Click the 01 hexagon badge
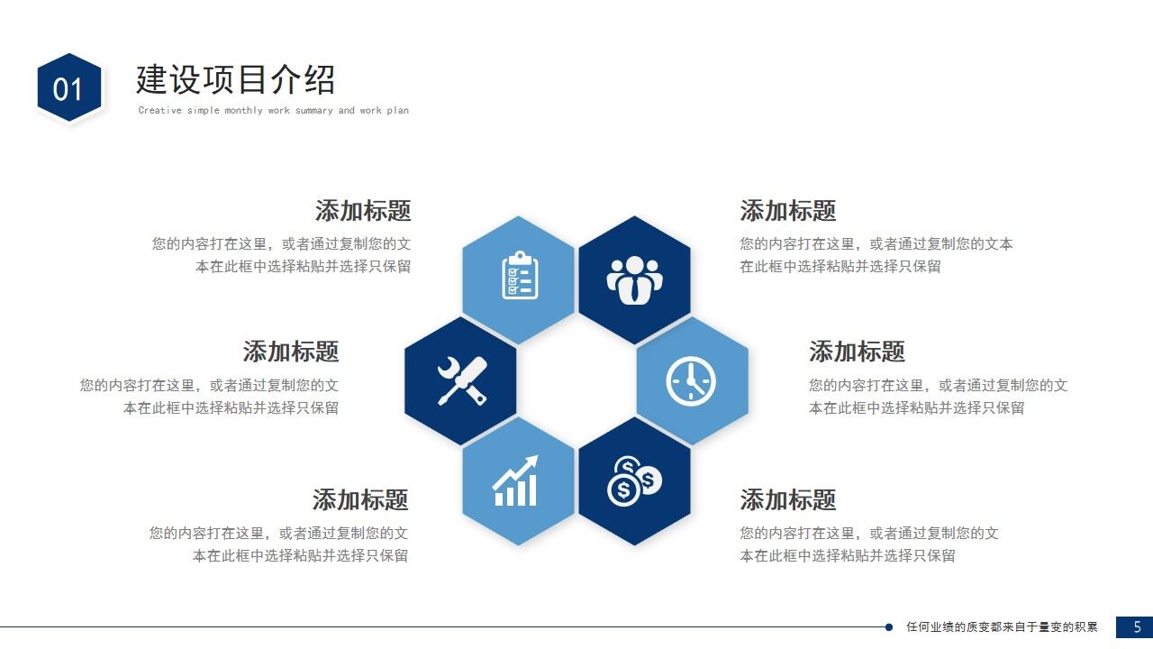[x=68, y=87]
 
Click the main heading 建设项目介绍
[x=235, y=79]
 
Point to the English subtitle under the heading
[x=273, y=111]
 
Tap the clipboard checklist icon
[x=519, y=276]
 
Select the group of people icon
[x=634, y=279]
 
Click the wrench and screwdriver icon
[x=461, y=380]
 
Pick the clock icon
[x=691, y=380]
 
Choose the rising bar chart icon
[x=516, y=481]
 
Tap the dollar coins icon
[x=634, y=481]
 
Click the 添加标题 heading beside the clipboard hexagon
[x=363, y=211]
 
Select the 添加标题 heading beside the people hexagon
[x=788, y=211]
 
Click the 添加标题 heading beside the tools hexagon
[x=291, y=352]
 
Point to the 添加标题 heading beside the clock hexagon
[x=857, y=352]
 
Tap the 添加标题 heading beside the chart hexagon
[x=360, y=499]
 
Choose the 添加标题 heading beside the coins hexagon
[x=788, y=499]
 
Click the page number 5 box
[x=1134, y=626]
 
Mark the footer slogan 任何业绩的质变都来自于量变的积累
[x=1002, y=626]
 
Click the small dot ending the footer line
[x=889, y=626]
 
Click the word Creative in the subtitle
[x=159, y=111]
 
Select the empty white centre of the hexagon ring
[x=576, y=380]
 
